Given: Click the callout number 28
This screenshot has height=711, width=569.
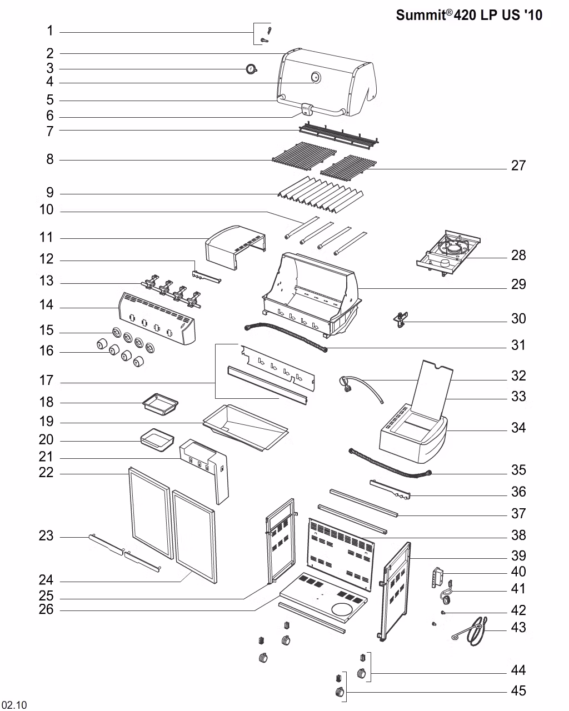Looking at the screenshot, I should pos(518,256).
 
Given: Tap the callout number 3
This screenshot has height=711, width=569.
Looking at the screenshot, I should pos(49,68).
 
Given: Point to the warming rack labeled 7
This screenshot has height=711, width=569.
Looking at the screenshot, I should pos(339,136).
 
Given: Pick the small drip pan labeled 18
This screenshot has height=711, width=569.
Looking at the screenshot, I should pos(160,402).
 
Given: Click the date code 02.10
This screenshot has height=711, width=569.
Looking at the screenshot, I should pos(14,705).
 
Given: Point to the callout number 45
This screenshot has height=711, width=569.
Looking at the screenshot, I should pos(518,691).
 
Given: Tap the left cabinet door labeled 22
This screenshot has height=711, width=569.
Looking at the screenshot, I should pos(149,511).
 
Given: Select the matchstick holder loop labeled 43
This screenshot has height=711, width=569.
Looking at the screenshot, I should pos(475,630).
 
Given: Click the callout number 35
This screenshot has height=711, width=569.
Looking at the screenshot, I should pos(518,470).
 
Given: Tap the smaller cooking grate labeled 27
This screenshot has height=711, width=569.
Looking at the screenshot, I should pos(348,168).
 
